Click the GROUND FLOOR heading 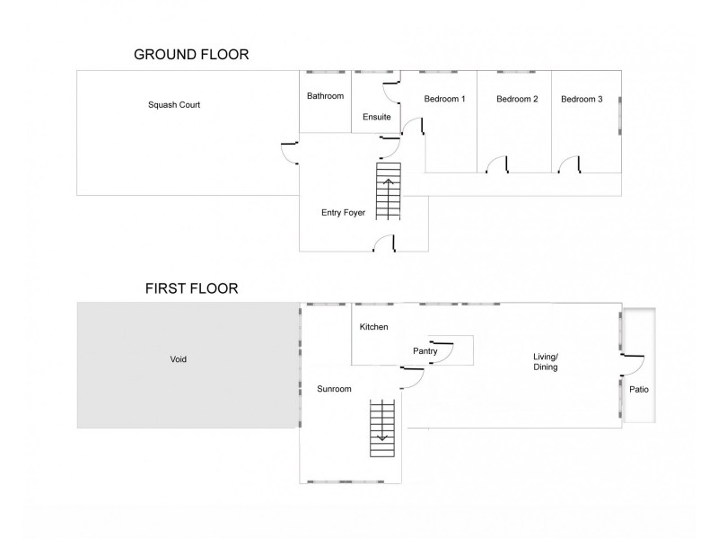pos(191,55)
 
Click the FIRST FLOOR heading pos(191,289)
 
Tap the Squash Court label pos(174,105)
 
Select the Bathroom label pos(325,96)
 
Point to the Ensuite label pos(376,117)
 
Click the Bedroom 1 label pos(445,99)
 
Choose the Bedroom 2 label pos(517,99)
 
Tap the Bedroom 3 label pos(582,99)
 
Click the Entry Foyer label pos(343,213)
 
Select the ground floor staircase pos(389,190)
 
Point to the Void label pos(179,359)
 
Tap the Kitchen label pos(373,327)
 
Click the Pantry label pos(425,351)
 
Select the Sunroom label pos(333,389)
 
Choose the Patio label pos(638,390)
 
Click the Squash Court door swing pos(290,153)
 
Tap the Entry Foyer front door pos(385,243)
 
